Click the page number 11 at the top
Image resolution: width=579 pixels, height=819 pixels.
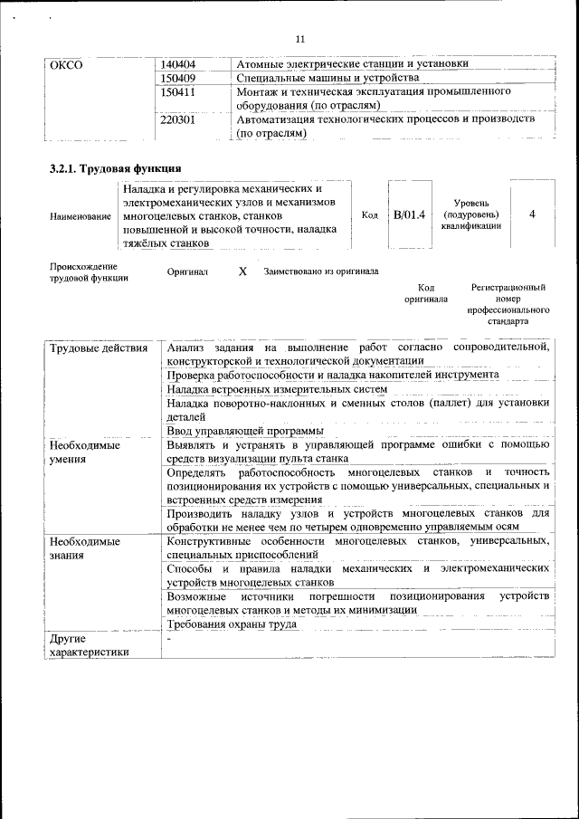pos(300,38)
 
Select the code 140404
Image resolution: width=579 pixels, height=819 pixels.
pos(178,65)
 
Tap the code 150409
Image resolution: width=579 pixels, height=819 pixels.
pos(178,79)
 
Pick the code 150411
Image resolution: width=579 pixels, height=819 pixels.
pos(178,92)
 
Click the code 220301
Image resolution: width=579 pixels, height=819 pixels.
pos(178,119)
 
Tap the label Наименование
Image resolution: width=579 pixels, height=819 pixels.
pos(81,216)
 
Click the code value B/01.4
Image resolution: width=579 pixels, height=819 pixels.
pos(409,215)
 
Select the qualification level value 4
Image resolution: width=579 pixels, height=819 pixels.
pos(532,214)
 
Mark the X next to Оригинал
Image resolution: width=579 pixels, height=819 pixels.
pos(242,271)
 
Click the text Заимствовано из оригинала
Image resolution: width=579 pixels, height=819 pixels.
pos(321,271)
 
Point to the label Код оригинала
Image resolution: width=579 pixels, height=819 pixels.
pos(426,292)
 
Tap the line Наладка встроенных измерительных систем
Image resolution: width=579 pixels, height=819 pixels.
pos(277,388)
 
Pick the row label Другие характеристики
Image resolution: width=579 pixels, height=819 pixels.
pos(90,646)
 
